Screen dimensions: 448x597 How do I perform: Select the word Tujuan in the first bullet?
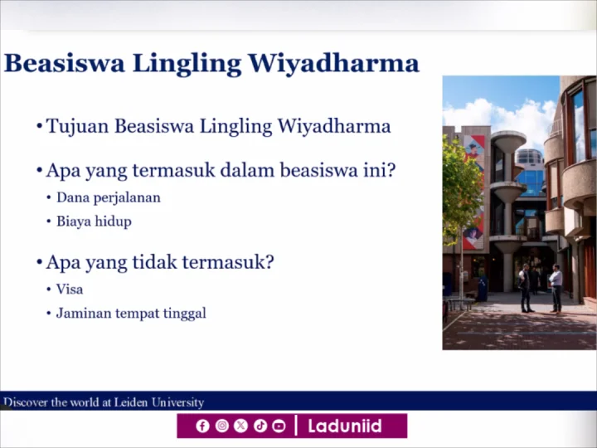78,127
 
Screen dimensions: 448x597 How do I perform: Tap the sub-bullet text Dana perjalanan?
108,197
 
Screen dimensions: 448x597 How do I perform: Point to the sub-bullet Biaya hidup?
94,222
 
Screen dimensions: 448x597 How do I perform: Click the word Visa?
70,290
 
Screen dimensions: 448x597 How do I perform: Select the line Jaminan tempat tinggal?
131,314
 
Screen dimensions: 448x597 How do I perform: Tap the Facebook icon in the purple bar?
203,426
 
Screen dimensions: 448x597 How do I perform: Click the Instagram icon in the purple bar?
222,426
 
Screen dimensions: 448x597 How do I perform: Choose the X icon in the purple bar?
240,426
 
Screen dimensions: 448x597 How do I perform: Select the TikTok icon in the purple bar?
260,426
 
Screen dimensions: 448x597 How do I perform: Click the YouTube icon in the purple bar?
279,426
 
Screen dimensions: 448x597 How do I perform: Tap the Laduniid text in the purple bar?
344,426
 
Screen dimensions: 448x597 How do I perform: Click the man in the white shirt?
556,287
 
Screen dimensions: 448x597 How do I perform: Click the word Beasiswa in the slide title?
64,63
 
